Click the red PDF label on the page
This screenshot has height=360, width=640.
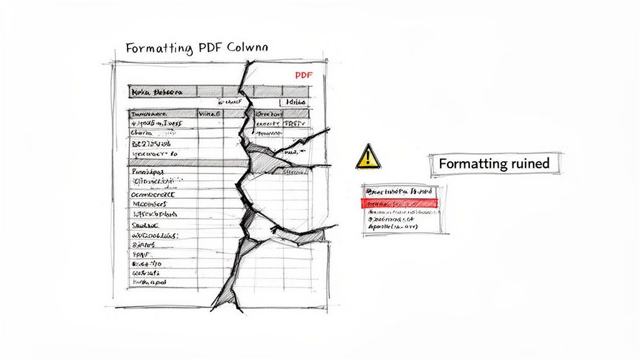point(302,75)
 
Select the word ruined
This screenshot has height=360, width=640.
point(529,164)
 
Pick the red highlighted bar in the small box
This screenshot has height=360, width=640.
point(400,203)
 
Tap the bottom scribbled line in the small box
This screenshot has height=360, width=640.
point(392,228)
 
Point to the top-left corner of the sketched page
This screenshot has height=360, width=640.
point(113,62)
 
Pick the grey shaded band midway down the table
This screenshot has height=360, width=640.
point(181,162)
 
